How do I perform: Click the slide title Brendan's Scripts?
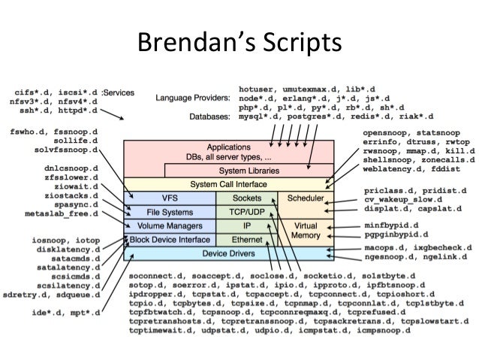[239, 42]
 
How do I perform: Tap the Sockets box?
[246, 198]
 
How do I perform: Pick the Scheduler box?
[300, 198]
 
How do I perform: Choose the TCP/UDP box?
[246, 211]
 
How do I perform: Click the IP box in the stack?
[246, 225]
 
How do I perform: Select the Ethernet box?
[246, 240]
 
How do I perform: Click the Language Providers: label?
[192, 98]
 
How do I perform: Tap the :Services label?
[119, 92]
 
